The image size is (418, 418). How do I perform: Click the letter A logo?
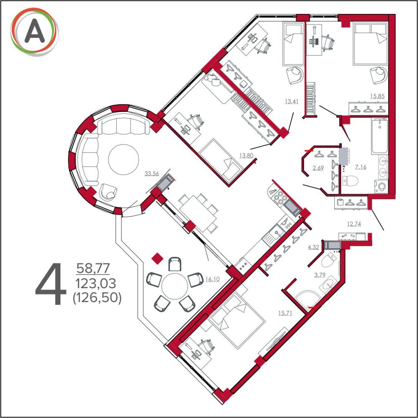(x=34, y=32)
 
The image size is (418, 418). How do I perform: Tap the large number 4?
(x=51, y=284)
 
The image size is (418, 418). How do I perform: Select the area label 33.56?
(x=152, y=173)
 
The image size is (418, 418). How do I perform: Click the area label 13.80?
(x=246, y=156)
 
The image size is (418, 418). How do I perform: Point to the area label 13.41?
(x=291, y=101)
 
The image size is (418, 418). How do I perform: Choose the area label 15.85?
(x=378, y=96)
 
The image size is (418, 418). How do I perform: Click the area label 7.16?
(x=361, y=167)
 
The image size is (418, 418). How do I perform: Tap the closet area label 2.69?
(x=318, y=168)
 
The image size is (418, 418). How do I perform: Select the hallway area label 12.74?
(x=354, y=224)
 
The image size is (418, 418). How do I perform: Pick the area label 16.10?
(x=212, y=279)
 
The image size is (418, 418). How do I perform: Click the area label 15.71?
(x=285, y=313)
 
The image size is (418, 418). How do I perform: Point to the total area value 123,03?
(x=96, y=283)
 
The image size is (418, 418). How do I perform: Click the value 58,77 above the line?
(x=93, y=268)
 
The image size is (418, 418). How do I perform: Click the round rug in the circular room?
(x=123, y=160)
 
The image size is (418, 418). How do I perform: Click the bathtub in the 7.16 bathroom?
(x=379, y=136)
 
